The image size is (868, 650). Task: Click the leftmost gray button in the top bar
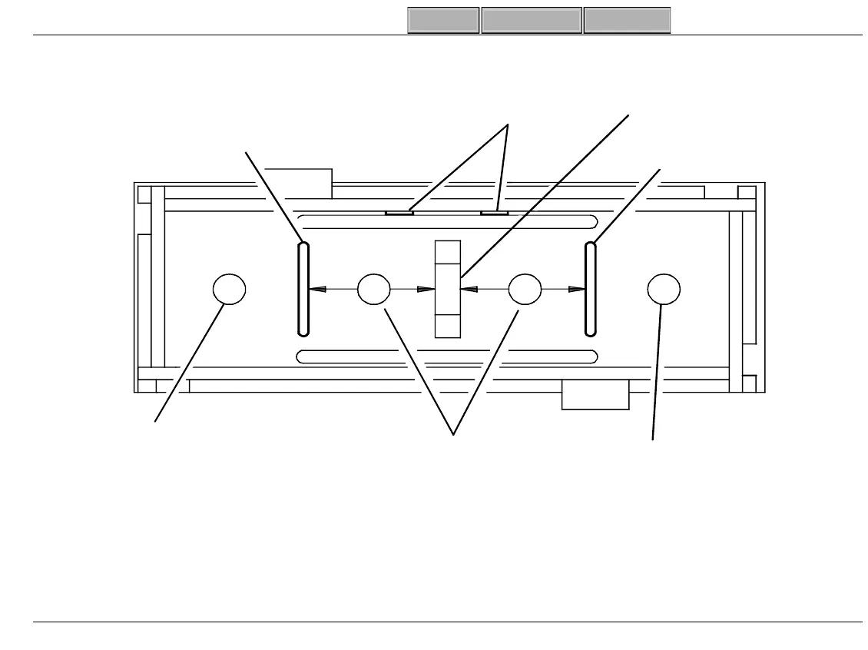[443, 21]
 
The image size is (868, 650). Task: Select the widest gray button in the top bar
[531, 21]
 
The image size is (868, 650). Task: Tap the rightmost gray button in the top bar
[627, 21]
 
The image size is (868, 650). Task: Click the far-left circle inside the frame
[229, 290]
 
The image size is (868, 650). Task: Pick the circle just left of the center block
[374, 290]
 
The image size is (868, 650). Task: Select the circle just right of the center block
[525, 290]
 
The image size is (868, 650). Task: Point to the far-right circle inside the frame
[664, 290]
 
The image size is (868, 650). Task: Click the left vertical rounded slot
[303, 290]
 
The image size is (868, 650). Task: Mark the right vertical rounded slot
[590, 290]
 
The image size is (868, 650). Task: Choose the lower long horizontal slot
[447, 357]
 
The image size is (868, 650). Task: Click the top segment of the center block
[447, 253]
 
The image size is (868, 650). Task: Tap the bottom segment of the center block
[447, 326]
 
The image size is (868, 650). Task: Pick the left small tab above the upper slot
[399, 212]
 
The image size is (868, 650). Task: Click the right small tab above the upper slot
[494, 212]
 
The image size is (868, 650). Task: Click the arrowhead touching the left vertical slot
[316, 290]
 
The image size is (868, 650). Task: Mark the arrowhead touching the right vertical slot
[576, 290]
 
